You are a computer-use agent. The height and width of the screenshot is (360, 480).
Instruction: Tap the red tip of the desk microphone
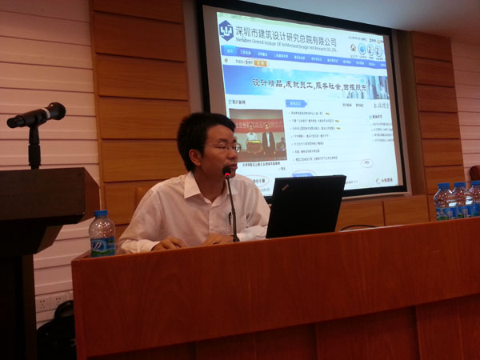coord(228,171)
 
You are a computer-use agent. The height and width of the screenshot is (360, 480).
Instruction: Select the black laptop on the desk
coord(305,206)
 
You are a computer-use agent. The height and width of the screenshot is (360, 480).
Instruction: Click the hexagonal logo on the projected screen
coord(226,30)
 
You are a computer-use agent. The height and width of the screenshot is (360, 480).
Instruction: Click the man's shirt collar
coord(196,188)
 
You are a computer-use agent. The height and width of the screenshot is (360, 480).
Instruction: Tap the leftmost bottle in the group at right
coord(442,201)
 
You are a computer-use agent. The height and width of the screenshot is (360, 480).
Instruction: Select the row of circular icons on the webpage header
coord(368,50)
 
